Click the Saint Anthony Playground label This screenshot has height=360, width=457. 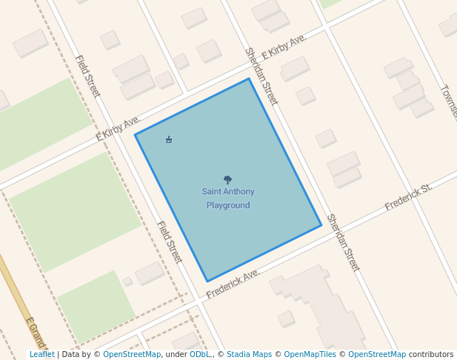coord(228,199)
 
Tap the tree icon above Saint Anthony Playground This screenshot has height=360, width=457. coord(227,179)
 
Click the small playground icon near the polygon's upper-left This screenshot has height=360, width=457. coord(169,139)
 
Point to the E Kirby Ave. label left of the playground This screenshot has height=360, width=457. coord(119,130)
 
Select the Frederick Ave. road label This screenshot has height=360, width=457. coord(233,284)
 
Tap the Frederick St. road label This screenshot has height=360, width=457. coord(408,198)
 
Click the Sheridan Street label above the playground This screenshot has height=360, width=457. coord(261,76)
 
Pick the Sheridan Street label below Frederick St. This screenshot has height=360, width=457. coord(343,243)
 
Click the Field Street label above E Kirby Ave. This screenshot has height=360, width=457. coord(87,76)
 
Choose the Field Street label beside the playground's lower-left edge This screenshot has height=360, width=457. coord(169,242)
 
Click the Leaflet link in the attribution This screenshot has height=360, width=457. coord(42,355)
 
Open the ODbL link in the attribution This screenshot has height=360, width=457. coord(200,355)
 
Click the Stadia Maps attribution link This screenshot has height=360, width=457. coord(249,355)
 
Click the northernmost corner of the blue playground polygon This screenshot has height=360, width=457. coord(249,79)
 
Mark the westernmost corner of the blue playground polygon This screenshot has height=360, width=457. coord(135,135)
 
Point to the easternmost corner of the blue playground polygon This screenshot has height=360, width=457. coord(321,225)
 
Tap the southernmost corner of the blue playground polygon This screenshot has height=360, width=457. coord(207,281)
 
